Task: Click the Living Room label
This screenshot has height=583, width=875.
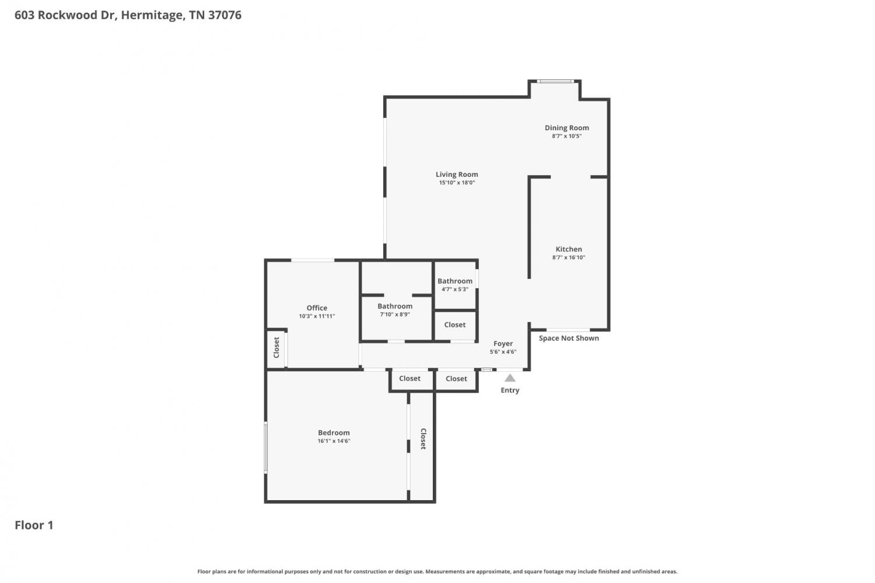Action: (457, 174)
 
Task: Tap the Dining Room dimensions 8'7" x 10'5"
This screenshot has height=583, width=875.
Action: (567, 136)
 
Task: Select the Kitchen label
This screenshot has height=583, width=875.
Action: (569, 249)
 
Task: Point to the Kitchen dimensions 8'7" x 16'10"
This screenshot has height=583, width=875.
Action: (569, 257)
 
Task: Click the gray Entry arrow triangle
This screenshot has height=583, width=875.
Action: (510, 378)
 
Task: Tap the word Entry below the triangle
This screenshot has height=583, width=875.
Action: (510, 390)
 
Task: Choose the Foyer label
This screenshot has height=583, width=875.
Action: (503, 344)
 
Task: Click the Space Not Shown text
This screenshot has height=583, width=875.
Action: (569, 338)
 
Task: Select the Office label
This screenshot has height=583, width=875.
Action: (317, 308)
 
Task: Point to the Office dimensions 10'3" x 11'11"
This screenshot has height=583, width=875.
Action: (317, 316)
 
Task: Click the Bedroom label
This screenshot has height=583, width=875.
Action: (334, 432)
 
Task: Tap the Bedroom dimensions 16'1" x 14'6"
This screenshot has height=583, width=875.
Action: (334, 441)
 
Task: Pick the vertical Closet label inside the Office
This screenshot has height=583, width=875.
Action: (276, 347)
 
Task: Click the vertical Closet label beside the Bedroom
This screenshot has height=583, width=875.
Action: (423, 439)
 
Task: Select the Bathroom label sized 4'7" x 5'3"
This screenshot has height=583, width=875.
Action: (454, 281)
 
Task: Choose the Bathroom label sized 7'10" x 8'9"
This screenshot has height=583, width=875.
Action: (395, 306)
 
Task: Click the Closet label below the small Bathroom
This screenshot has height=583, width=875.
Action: (454, 324)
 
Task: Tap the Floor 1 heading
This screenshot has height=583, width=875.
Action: (34, 525)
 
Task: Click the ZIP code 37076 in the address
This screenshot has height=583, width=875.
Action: (225, 15)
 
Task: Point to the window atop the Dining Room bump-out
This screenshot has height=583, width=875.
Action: (555, 81)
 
